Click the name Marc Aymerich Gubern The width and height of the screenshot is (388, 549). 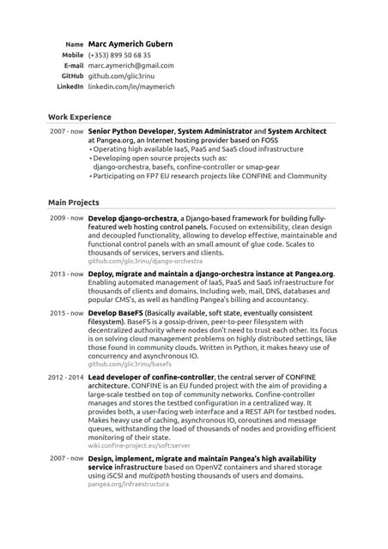[x=130, y=44]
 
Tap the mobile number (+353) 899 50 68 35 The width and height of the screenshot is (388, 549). [x=119, y=55]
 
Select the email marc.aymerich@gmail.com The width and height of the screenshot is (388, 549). [x=130, y=65]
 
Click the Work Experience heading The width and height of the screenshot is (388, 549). [x=79, y=117]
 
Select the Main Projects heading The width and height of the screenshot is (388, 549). [x=74, y=202]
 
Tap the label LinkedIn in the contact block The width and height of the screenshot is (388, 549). [x=70, y=87]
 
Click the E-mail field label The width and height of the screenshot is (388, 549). [x=74, y=65]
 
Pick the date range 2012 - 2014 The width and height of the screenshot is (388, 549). [x=65, y=377]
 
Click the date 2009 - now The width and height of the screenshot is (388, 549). [x=66, y=219]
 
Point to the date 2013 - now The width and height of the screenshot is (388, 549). [x=66, y=274]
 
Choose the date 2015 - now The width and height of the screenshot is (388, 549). [x=66, y=313]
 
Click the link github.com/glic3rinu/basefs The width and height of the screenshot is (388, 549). [x=130, y=364]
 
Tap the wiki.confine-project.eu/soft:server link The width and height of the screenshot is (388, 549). [x=139, y=446]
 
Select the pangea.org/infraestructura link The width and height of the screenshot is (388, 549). [x=129, y=484]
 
